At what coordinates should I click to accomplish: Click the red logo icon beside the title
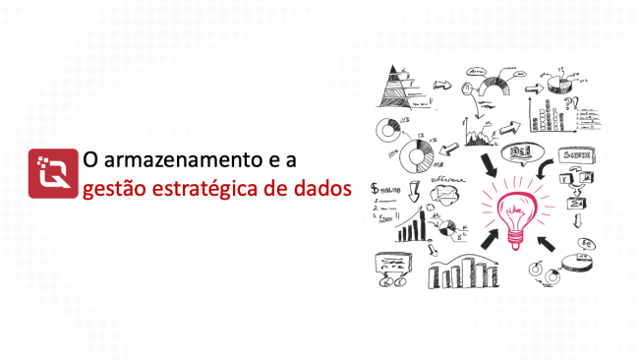click(x=53, y=172)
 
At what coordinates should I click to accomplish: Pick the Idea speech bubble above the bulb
click(x=519, y=152)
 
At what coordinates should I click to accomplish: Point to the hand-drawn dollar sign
click(x=375, y=189)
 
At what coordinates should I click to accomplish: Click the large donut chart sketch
click(x=418, y=154)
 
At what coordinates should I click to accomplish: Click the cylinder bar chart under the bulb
click(x=468, y=271)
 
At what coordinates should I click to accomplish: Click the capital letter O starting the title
click(x=89, y=157)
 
